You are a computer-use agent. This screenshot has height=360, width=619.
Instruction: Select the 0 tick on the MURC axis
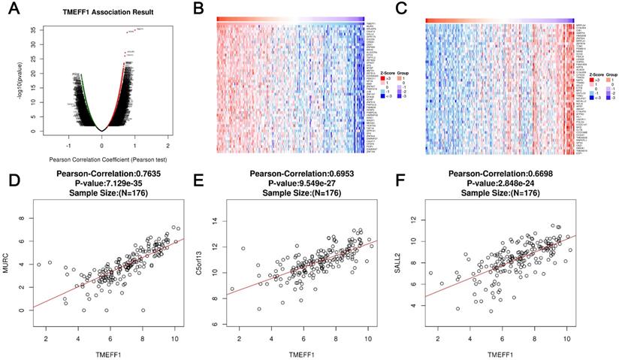tap(30, 310)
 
